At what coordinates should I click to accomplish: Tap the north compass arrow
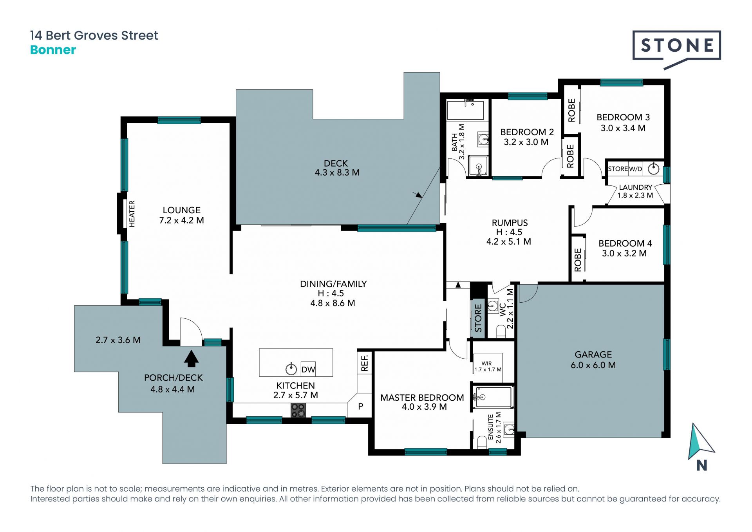point(701,441)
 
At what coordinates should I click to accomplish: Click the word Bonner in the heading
point(53,50)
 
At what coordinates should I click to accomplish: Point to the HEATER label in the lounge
point(132,214)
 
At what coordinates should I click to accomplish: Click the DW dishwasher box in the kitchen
point(308,369)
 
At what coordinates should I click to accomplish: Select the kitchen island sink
point(291,369)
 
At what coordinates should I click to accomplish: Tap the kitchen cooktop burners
point(298,410)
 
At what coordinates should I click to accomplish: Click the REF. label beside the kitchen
point(365,363)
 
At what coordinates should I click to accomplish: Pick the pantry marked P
point(360,407)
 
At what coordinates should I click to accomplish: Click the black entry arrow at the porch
point(191,358)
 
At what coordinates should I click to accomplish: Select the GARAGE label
point(593,354)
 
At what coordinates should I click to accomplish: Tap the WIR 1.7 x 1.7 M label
point(488,367)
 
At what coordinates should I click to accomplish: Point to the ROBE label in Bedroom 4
point(578,260)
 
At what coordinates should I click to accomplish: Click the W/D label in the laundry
point(636,169)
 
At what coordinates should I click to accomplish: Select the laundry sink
point(653,169)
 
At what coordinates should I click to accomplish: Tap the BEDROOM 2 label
point(527,132)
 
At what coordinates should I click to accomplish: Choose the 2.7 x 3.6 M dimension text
point(118,340)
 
